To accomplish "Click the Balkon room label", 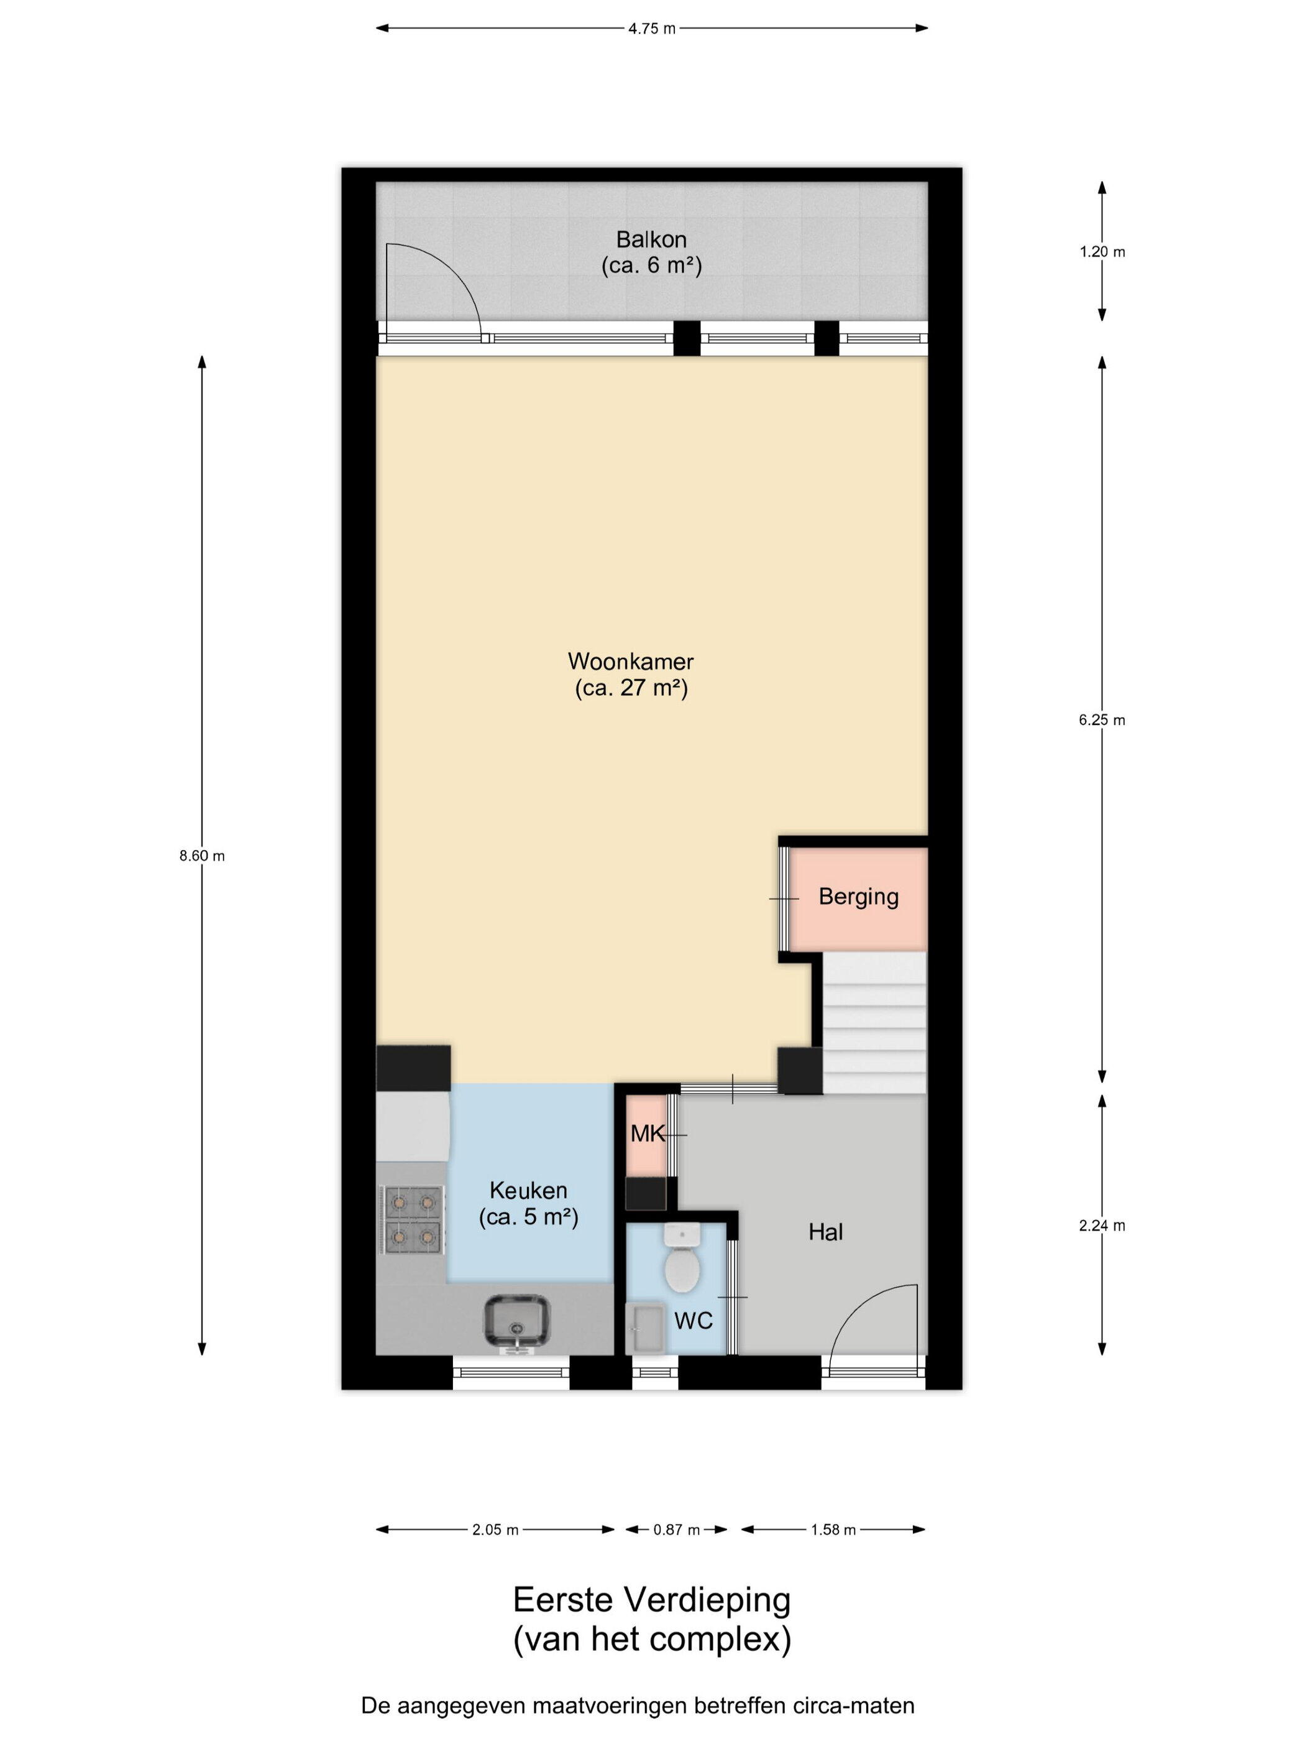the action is click(x=651, y=239).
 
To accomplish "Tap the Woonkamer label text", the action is click(x=631, y=660).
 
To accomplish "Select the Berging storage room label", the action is click(x=858, y=897).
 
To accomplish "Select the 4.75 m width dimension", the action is click(x=651, y=29).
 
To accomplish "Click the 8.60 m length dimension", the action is click(x=202, y=856).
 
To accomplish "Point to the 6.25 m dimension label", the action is click(x=1101, y=719).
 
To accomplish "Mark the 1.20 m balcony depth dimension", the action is click(x=1101, y=252).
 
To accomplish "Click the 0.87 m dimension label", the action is click(x=677, y=1529).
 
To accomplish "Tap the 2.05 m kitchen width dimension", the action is click(x=495, y=1529).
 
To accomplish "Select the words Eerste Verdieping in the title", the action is click(x=651, y=1600).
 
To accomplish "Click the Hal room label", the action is click(x=825, y=1232).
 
